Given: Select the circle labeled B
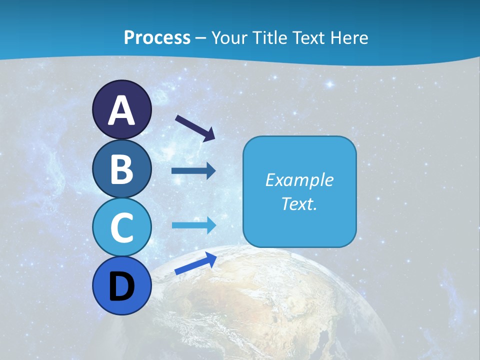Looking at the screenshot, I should [121, 169].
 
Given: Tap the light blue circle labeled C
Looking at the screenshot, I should [121, 227].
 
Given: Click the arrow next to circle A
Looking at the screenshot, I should [195, 127].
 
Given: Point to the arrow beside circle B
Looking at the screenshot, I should [193, 171].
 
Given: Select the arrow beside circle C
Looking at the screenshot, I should [193, 225].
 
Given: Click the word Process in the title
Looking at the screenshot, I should [157, 37].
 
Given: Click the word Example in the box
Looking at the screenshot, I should [299, 180].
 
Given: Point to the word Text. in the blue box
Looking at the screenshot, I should [299, 203].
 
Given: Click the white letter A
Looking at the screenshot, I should [121, 111].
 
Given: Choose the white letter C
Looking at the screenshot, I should [121, 227].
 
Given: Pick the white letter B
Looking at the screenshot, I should [121, 169].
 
